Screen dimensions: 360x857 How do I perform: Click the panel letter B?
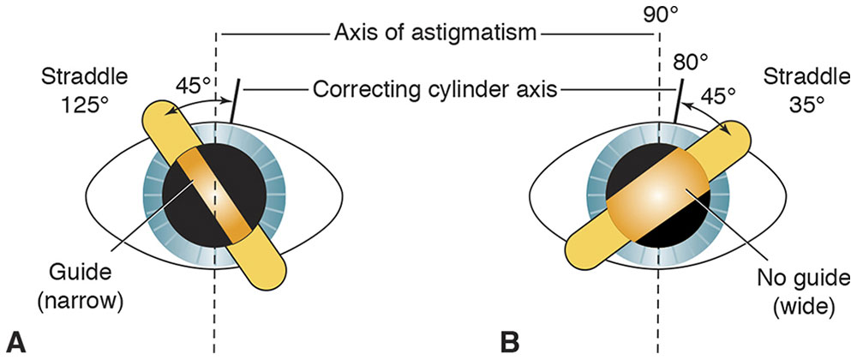[510, 341]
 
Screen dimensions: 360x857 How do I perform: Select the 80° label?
[691, 63]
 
